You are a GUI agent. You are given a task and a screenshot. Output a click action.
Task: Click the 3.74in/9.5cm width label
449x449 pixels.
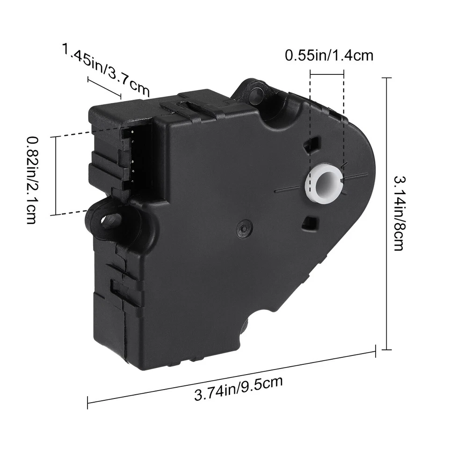239,388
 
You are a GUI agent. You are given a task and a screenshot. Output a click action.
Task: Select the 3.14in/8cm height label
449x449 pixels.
398,213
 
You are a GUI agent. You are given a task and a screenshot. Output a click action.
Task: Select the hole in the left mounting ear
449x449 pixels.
108,219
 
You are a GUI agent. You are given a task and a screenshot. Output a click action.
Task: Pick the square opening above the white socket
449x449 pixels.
312,145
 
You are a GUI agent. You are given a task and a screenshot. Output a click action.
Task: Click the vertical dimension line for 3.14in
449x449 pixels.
386,213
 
